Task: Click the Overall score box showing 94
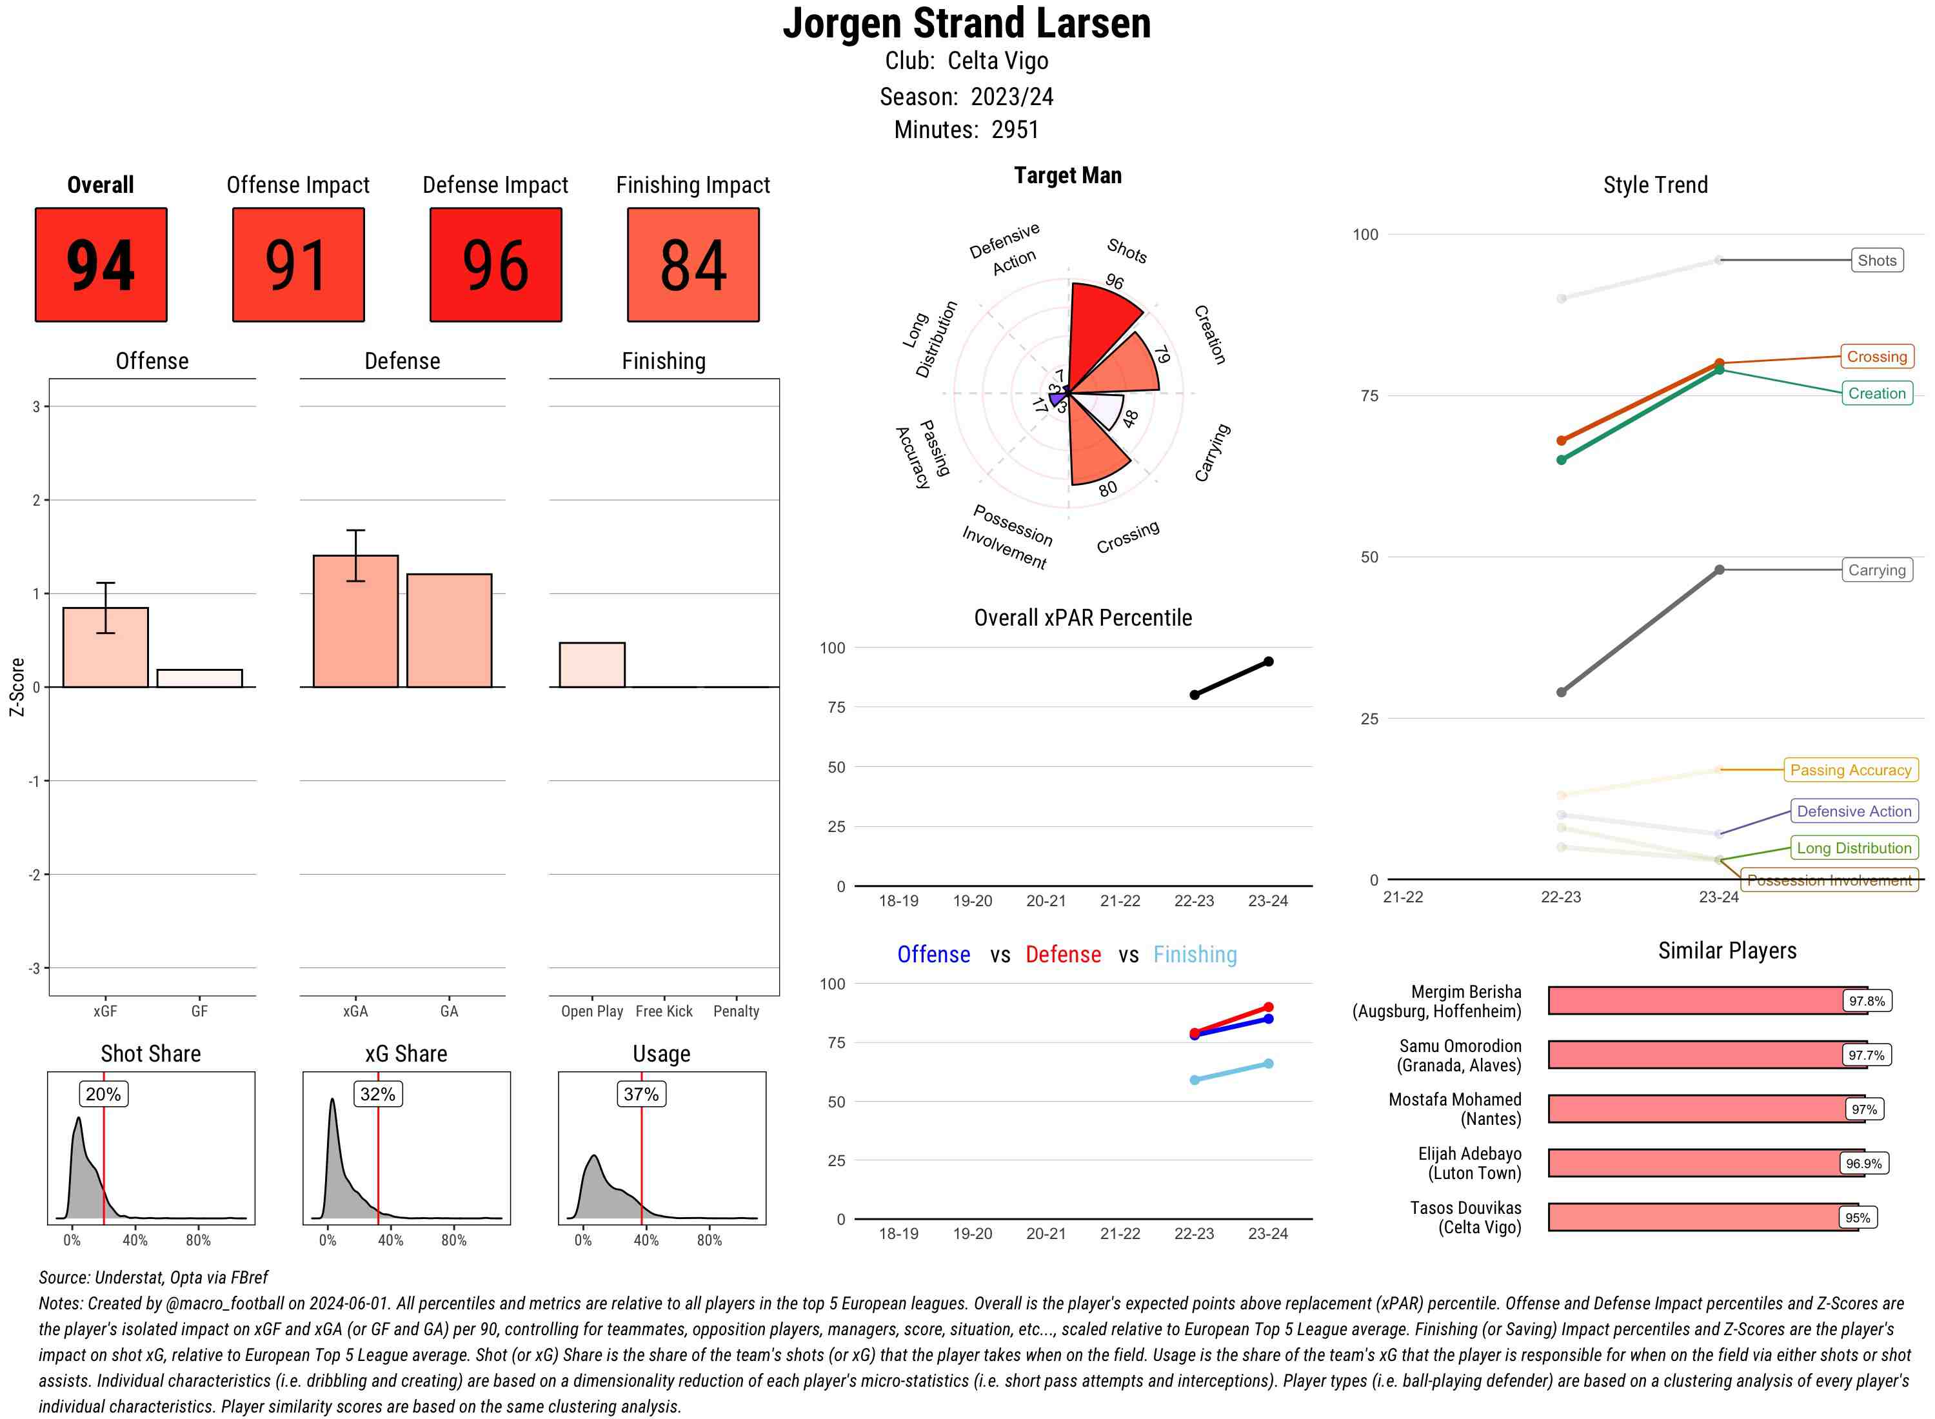(x=101, y=264)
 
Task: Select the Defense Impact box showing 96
(x=495, y=264)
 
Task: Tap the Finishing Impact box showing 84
(x=693, y=264)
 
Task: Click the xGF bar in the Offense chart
(x=106, y=648)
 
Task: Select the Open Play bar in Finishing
(x=591, y=665)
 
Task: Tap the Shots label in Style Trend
(x=1876, y=261)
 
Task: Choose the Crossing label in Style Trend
(x=1876, y=357)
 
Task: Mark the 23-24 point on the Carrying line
(x=1718, y=570)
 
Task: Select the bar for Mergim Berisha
(x=1707, y=1000)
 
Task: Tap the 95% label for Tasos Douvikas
(x=1857, y=1218)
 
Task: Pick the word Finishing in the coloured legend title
(x=1195, y=955)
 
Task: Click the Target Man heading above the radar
(x=1067, y=175)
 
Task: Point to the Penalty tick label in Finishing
(x=736, y=1011)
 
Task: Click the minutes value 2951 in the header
(x=1015, y=130)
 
